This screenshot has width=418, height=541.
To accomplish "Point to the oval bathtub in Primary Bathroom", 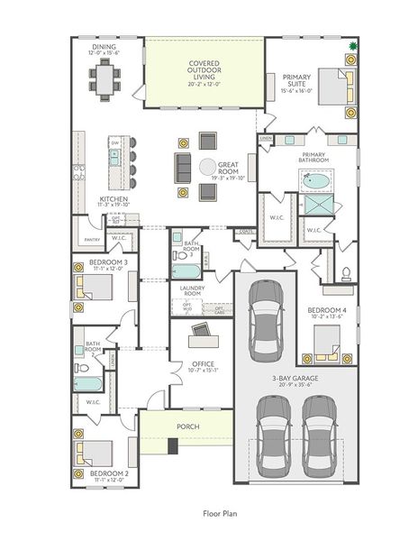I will pyautogui.click(x=316, y=181).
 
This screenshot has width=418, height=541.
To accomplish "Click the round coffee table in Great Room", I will pyautogui.click(x=208, y=167).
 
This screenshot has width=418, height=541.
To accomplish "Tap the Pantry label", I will pyautogui.click(x=91, y=240).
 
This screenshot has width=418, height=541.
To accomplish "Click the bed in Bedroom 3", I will pyautogui.click(x=94, y=288).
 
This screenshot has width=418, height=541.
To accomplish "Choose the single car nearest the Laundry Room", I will pyautogui.click(x=266, y=317).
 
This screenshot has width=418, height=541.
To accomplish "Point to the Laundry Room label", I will pyautogui.click(x=191, y=290).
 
